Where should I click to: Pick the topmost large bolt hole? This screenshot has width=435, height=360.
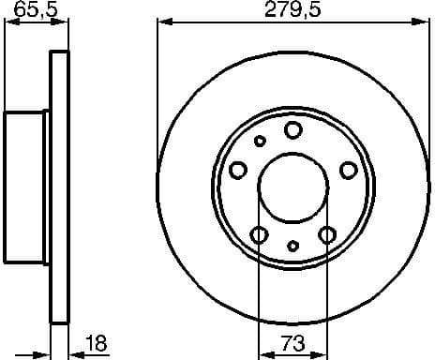point(293,129)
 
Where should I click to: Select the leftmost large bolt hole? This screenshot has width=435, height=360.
point(238,170)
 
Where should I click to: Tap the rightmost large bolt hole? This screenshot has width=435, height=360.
point(348,170)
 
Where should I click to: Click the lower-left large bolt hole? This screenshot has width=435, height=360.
point(260,234)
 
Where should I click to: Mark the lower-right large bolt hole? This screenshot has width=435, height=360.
point(327,234)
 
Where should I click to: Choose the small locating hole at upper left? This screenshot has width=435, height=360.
point(261,141)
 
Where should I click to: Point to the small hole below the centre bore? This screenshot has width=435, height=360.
point(293,246)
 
